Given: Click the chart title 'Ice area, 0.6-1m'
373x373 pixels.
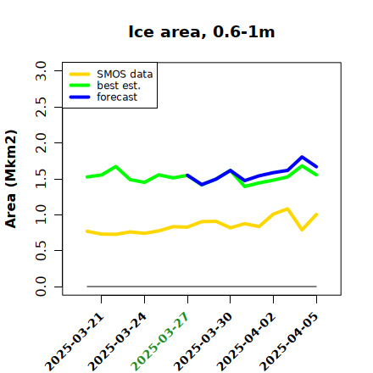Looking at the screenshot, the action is pos(202,32).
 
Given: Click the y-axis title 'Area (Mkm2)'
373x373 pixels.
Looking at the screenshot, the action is pos(11,179).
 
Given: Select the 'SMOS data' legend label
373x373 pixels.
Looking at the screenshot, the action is pos(125,75).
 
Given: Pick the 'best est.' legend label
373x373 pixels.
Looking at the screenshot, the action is pos(119,86).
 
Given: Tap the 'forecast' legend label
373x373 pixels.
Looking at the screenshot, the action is pos(117,97).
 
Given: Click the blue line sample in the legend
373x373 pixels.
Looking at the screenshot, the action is pos(80,97).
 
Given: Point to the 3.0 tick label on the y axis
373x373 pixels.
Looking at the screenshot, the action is pos(41,70).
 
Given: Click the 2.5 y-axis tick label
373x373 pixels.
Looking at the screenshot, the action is pos(41,107).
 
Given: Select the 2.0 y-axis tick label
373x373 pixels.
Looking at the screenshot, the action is pos(41,142).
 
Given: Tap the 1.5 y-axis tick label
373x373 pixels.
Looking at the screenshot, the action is pos(41,179).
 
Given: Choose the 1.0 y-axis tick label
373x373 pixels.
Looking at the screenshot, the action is pos(41,214).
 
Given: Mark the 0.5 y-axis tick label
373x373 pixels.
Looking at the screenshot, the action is pos(41,251).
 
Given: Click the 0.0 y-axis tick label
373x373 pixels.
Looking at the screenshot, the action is pos(41,287).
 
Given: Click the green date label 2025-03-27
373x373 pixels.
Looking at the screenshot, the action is pos(159,342).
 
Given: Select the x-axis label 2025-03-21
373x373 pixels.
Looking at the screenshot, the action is pos(74,342).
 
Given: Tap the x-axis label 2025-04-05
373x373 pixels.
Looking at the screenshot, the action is pos(288,342).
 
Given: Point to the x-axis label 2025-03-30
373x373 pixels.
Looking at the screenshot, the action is pos(203,342).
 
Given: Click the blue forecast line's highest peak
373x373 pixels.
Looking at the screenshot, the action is pos(302,157).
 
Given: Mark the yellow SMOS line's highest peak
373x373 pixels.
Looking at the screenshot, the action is pos(287,209).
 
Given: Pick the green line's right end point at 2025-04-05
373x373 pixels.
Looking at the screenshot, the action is pos(316,175).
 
